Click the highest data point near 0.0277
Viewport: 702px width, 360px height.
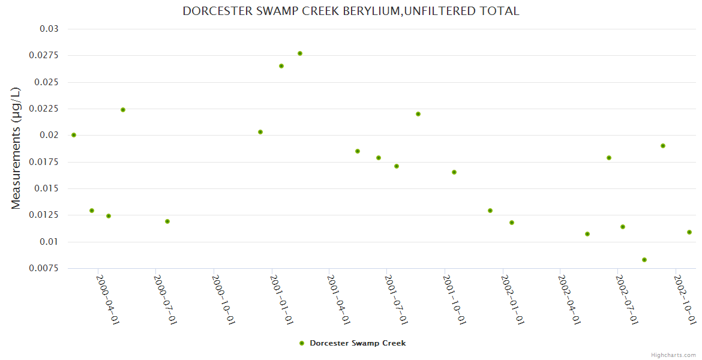coord(300,53)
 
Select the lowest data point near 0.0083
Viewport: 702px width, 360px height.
coord(644,260)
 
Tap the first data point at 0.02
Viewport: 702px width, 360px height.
coord(74,135)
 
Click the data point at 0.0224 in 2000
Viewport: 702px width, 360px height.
coord(123,110)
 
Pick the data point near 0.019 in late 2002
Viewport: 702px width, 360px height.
coord(663,146)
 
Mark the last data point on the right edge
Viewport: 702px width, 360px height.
coord(689,232)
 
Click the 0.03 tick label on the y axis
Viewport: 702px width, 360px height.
coord(49,29)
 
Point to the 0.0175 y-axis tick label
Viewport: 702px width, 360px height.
coord(45,162)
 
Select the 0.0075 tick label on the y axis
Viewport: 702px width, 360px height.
coord(45,268)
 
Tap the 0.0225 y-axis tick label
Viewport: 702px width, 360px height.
coord(45,109)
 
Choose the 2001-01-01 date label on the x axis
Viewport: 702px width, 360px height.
coord(281,299)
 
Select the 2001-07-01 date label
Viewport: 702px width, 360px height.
coord(397,299)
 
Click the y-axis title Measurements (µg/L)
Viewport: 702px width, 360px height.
coord(16,148)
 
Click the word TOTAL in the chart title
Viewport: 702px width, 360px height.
coord(500,11)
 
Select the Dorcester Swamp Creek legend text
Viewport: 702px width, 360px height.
coord(358,343)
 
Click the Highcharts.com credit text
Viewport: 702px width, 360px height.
coord(673,355)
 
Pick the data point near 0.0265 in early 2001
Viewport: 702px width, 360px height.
coord(281,66)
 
